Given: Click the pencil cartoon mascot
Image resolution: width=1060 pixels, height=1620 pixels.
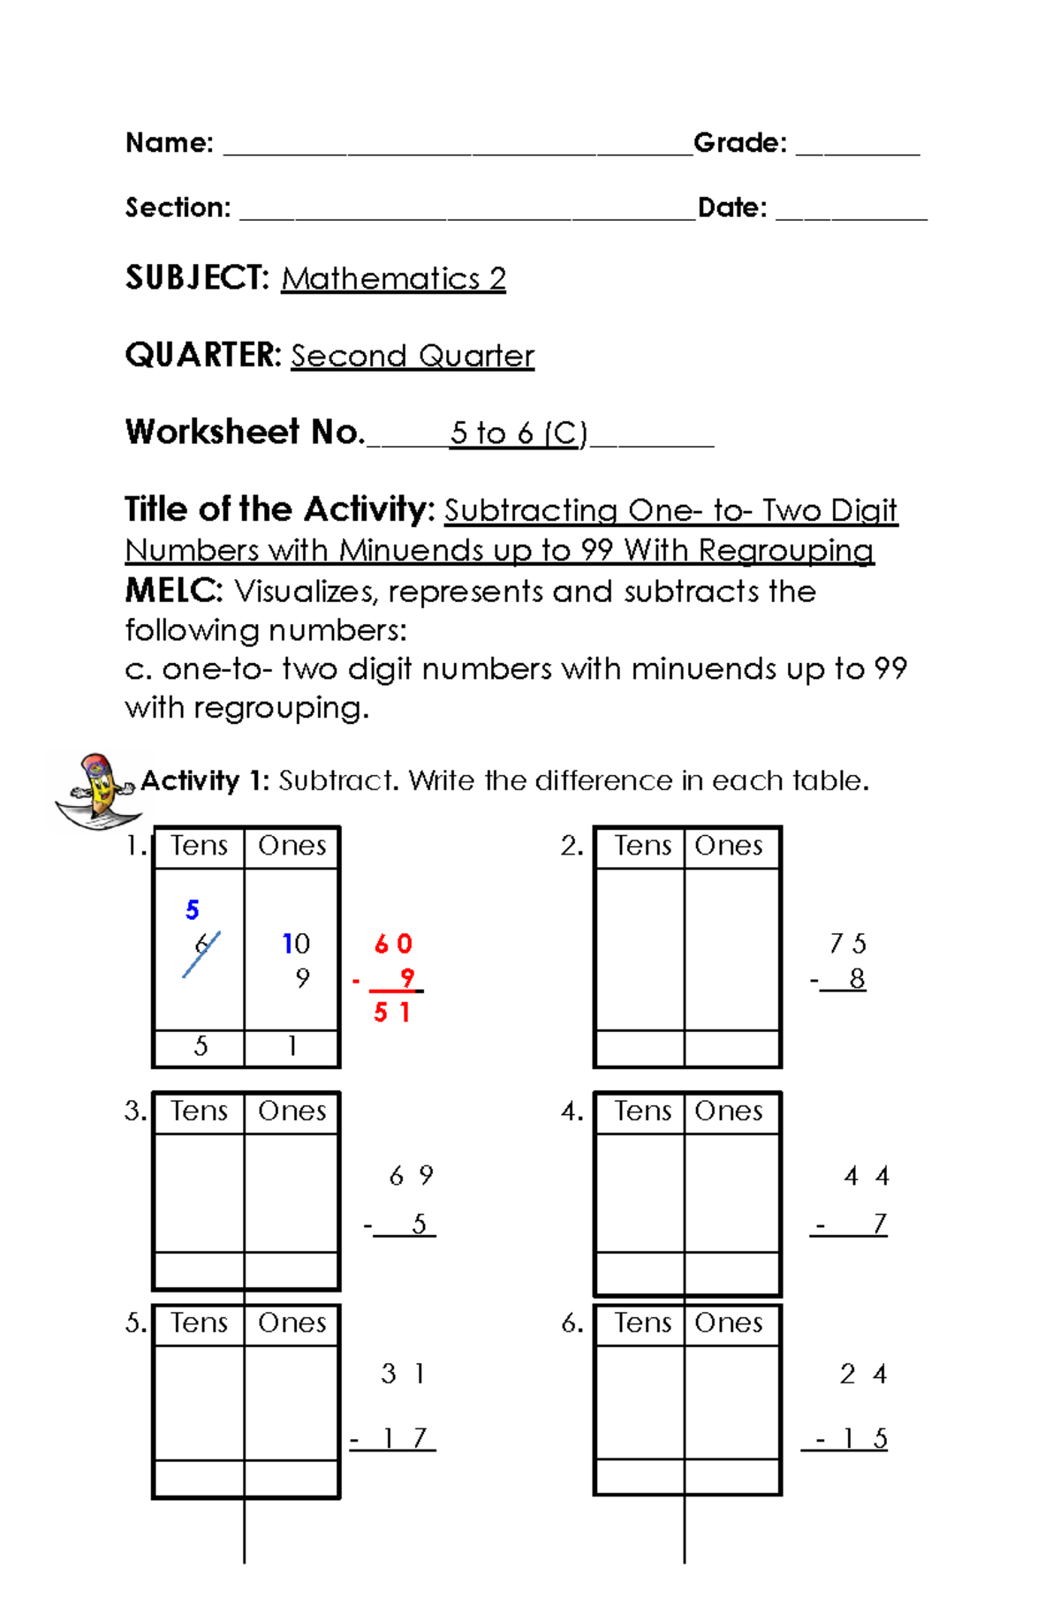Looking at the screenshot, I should tap(95, 790).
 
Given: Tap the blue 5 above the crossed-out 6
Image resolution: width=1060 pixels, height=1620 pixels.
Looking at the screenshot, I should tap(193, 910).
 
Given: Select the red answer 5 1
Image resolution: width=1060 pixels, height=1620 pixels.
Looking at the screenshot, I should tap(391, 1013).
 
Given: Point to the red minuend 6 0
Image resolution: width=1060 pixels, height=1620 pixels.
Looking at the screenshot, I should tap(393, 944).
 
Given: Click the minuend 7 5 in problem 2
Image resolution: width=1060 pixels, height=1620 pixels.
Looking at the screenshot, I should tap(847, 944).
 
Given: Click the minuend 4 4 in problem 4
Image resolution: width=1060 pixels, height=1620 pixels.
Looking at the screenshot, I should tap(866, 1176).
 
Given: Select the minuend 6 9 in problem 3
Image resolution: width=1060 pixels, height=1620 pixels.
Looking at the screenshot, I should tap(411, 1176).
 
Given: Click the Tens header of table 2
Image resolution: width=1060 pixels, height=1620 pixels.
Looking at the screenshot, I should tap(643, 846).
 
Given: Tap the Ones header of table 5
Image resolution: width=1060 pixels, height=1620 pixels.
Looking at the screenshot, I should tap(291, 1322).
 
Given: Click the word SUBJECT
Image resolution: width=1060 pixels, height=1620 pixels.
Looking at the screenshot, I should tap(196, 278).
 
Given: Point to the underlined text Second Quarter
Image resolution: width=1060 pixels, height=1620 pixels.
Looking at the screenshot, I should tap(413, 356).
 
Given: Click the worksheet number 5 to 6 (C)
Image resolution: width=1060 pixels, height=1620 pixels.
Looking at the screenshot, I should tap(519, 433).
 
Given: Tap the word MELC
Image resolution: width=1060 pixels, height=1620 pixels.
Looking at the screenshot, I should tap(172, 591).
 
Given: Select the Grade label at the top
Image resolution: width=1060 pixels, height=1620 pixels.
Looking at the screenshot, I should tap(739, 143).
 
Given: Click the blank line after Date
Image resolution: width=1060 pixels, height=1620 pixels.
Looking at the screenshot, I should tap(851, 215).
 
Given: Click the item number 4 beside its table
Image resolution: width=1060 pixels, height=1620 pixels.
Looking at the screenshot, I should tap(572, 1111).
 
